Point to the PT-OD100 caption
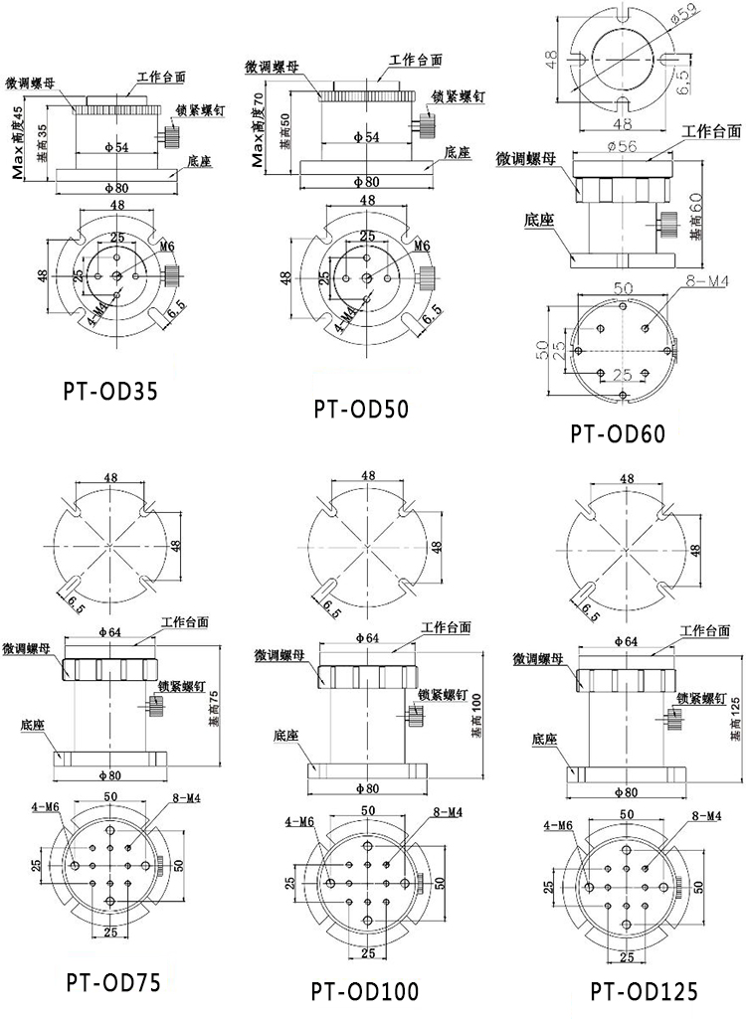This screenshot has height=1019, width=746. coord(364,991)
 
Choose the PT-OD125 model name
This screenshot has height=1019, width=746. coord(644,990)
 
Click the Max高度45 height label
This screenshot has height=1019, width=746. coord(18,139)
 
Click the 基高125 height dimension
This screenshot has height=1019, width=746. coord(734,717)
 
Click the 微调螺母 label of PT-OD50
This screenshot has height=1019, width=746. coord(274,67)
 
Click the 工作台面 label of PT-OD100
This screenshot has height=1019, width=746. coord(447,627)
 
